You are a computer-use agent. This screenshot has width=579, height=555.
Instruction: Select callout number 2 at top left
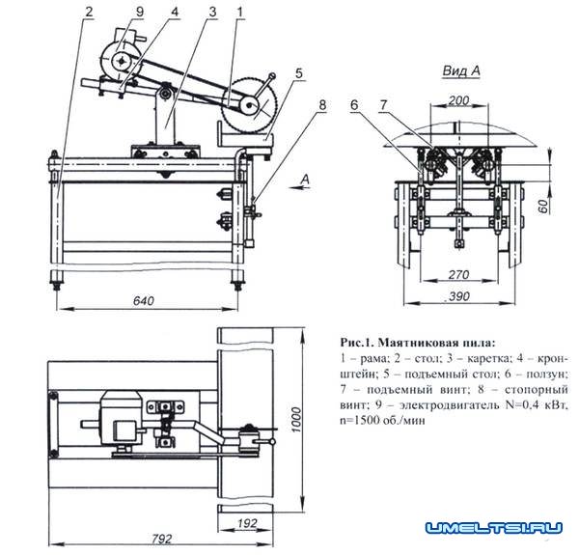coord(88,13)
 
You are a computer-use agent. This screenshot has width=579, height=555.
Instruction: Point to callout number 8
coord(323,102)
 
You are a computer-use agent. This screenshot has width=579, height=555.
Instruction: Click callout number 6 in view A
coord(354,104)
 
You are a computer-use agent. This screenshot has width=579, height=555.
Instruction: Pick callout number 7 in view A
coord(383,104)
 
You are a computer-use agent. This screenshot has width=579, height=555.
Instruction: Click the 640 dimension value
coord(143,300)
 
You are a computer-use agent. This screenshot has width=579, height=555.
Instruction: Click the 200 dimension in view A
coord(459,99)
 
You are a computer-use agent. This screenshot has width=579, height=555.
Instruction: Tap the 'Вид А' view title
coord(460,71)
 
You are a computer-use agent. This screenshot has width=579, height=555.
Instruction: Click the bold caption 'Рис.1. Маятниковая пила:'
coord(420,342)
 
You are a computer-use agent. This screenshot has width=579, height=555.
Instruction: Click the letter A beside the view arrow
coord(305,179)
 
